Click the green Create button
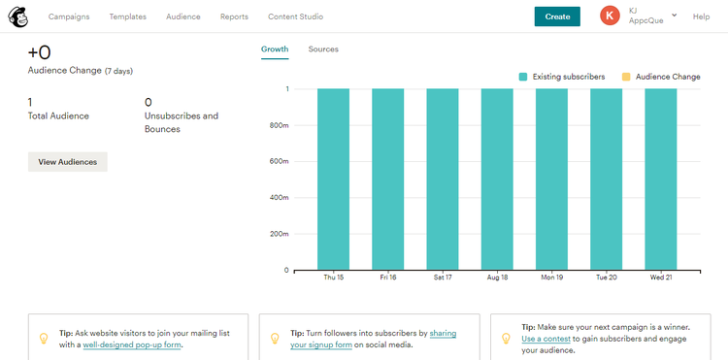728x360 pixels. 557,16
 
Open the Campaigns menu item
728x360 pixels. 69,16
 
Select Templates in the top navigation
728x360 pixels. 128,16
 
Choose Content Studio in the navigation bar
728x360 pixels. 295,16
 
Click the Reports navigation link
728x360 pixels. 234,16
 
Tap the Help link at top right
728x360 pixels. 701,16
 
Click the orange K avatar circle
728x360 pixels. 611,16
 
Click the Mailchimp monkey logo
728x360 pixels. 18,16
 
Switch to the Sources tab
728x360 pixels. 323,49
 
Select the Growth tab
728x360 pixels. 275,49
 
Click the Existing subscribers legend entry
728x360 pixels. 562,77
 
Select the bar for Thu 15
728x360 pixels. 334,180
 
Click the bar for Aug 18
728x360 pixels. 497,180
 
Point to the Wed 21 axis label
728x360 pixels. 661,278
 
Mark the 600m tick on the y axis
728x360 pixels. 280,162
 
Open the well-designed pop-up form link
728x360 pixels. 133,344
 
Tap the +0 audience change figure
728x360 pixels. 39,52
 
